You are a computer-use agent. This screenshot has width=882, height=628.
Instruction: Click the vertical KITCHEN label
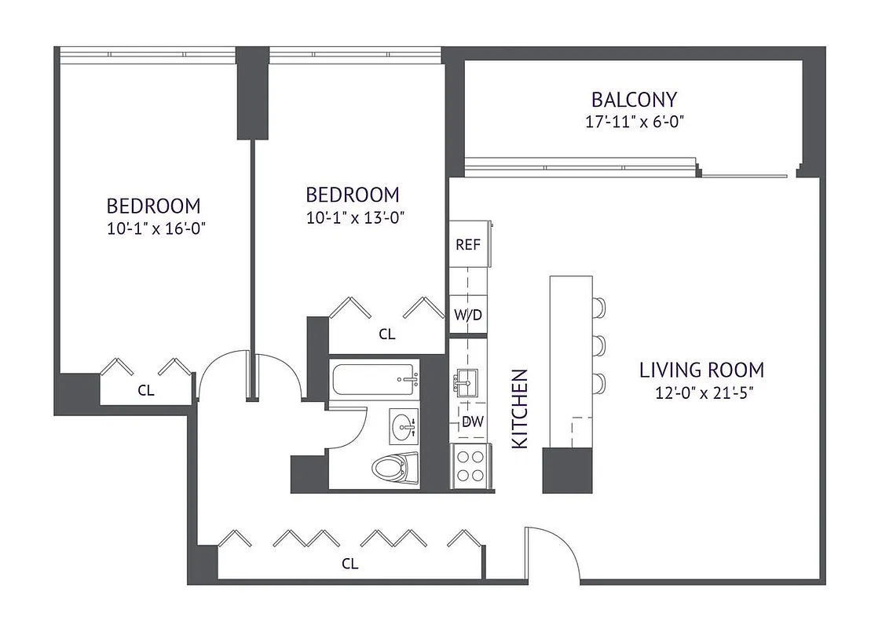tap(520, 408)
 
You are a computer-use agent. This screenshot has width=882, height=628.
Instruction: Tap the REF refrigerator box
tap(468, 244)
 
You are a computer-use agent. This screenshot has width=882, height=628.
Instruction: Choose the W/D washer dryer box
tap(468, 316)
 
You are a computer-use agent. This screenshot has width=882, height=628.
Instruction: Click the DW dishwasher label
tap(472, 422)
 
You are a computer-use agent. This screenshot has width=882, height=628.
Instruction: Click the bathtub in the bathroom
tap(375, 378)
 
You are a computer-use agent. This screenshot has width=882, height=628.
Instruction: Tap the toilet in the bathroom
tap(390, 469)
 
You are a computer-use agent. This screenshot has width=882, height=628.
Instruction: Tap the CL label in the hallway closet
tap(350, 564)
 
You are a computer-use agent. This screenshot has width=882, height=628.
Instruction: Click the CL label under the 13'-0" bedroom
tap(386, 334)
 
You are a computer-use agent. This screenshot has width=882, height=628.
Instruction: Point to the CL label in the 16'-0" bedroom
tap(146, 390)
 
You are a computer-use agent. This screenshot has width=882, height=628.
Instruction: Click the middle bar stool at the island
tap(598, 345)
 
